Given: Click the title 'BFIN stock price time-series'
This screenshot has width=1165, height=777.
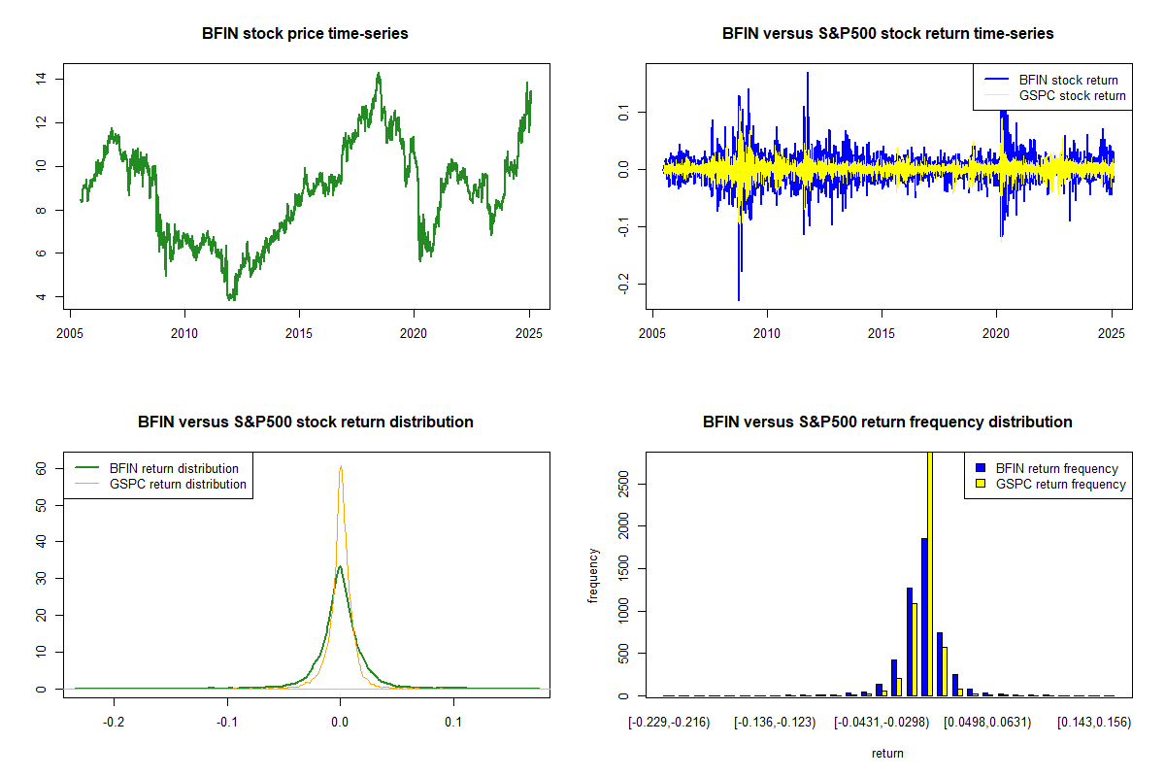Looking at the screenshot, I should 305,34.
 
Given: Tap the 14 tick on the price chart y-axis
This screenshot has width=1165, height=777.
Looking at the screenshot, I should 42,79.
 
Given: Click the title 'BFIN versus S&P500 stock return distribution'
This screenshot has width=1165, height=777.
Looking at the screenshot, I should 305,422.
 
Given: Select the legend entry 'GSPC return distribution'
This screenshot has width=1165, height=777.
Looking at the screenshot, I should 178,484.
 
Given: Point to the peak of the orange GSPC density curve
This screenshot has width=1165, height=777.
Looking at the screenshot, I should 341,466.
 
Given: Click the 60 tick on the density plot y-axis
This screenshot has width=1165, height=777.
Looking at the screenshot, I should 42,467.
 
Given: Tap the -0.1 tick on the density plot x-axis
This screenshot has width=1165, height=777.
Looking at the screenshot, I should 227,723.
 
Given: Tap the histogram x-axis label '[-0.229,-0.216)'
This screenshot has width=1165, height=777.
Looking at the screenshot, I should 669,723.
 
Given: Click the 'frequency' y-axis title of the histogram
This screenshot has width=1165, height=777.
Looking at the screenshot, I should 593,575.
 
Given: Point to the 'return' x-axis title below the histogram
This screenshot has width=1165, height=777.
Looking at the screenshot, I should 887,753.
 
